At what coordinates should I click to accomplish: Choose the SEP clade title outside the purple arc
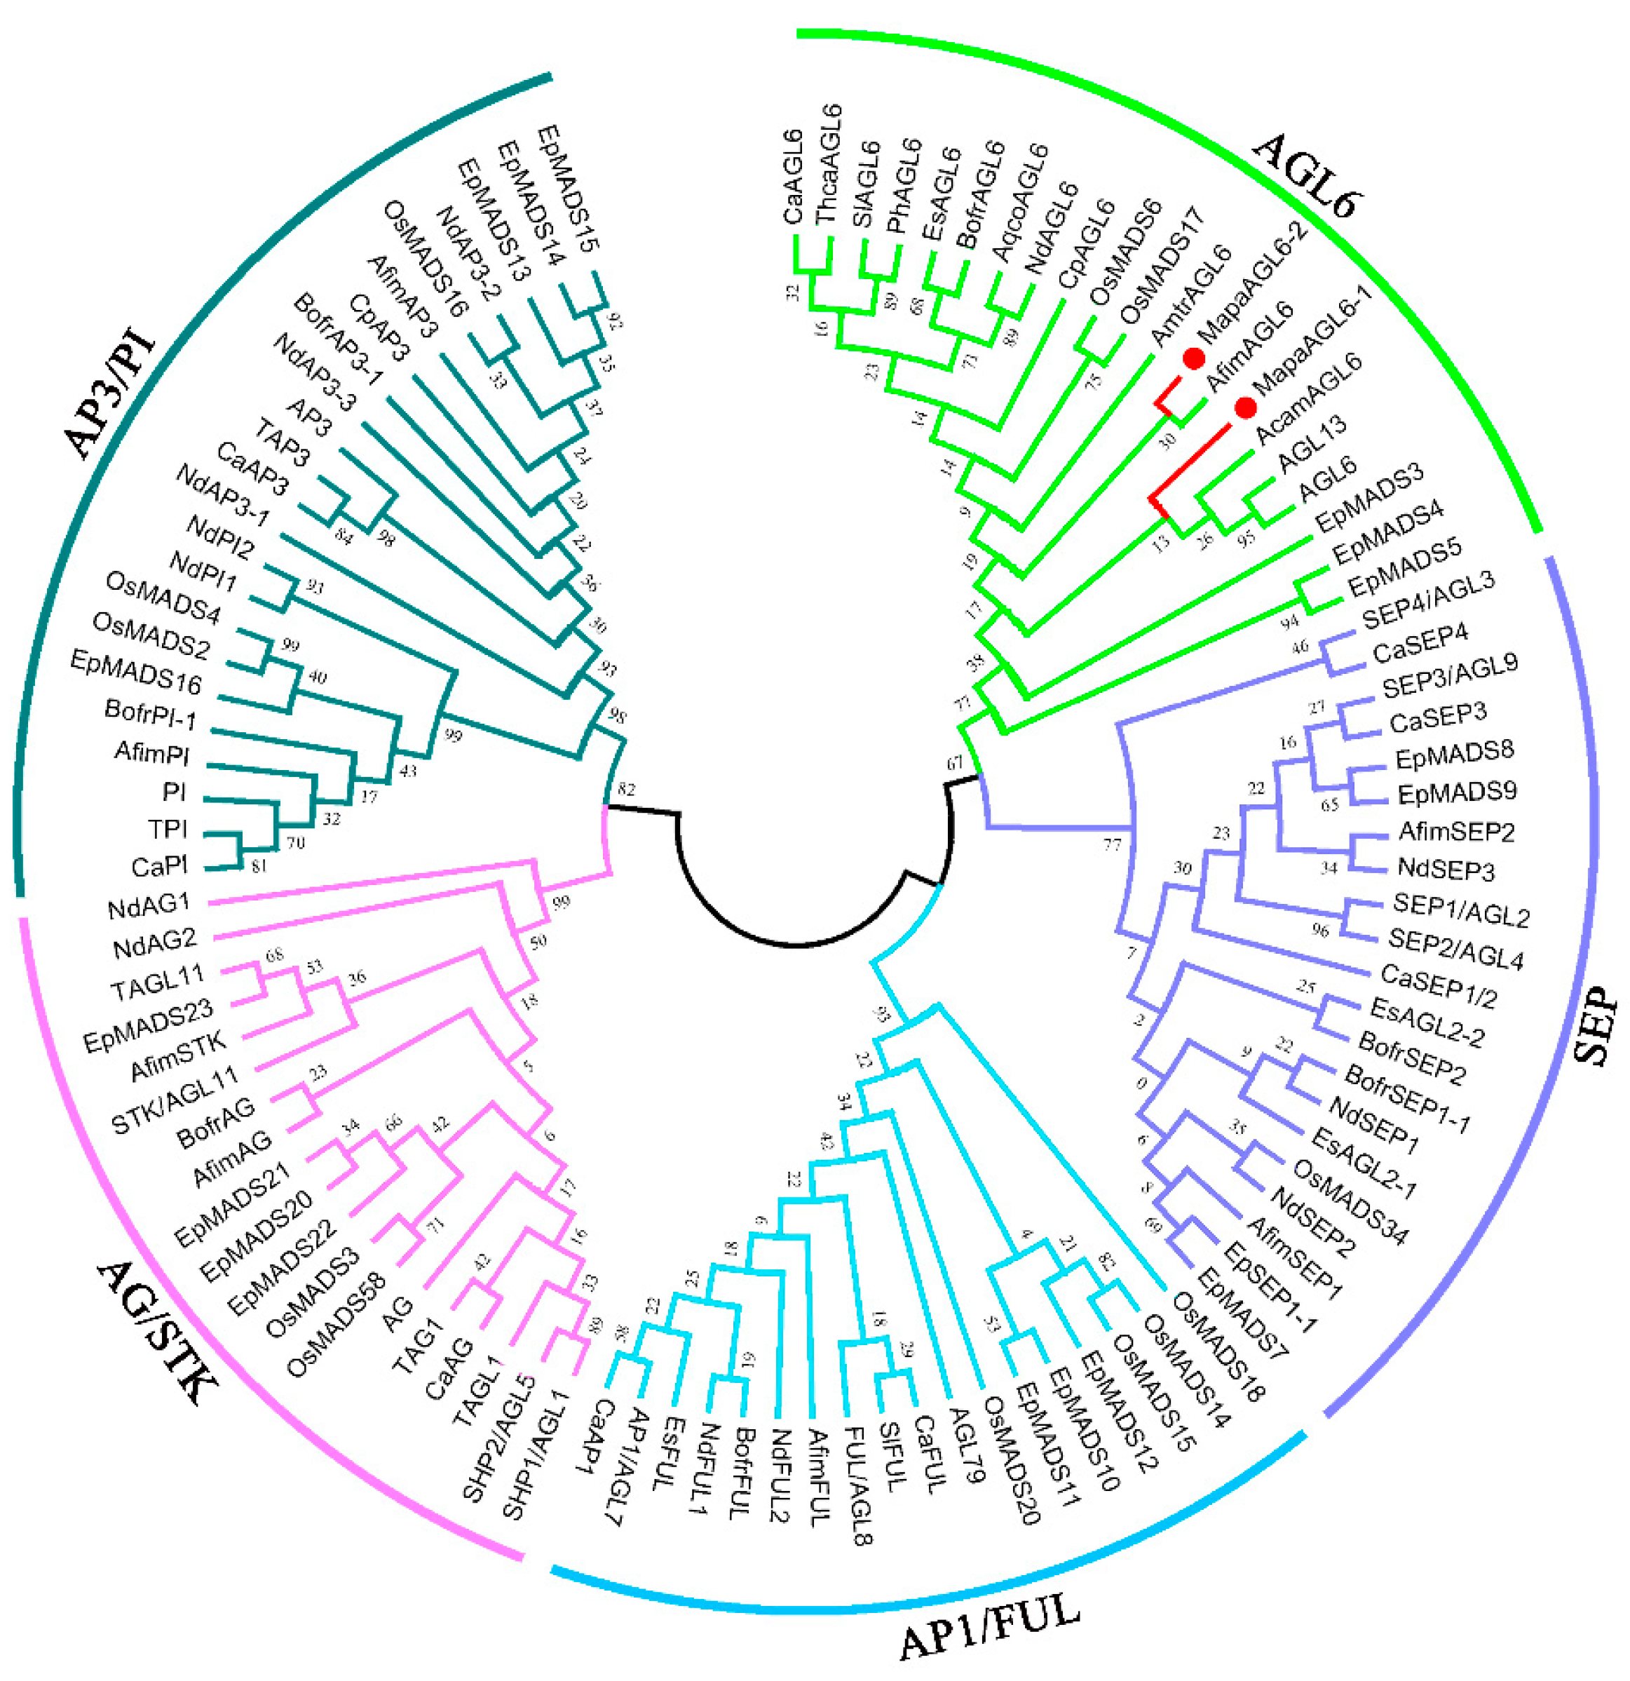point(1596,1025)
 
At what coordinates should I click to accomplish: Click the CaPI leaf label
point(159,866)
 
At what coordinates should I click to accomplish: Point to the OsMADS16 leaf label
point(424,258)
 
